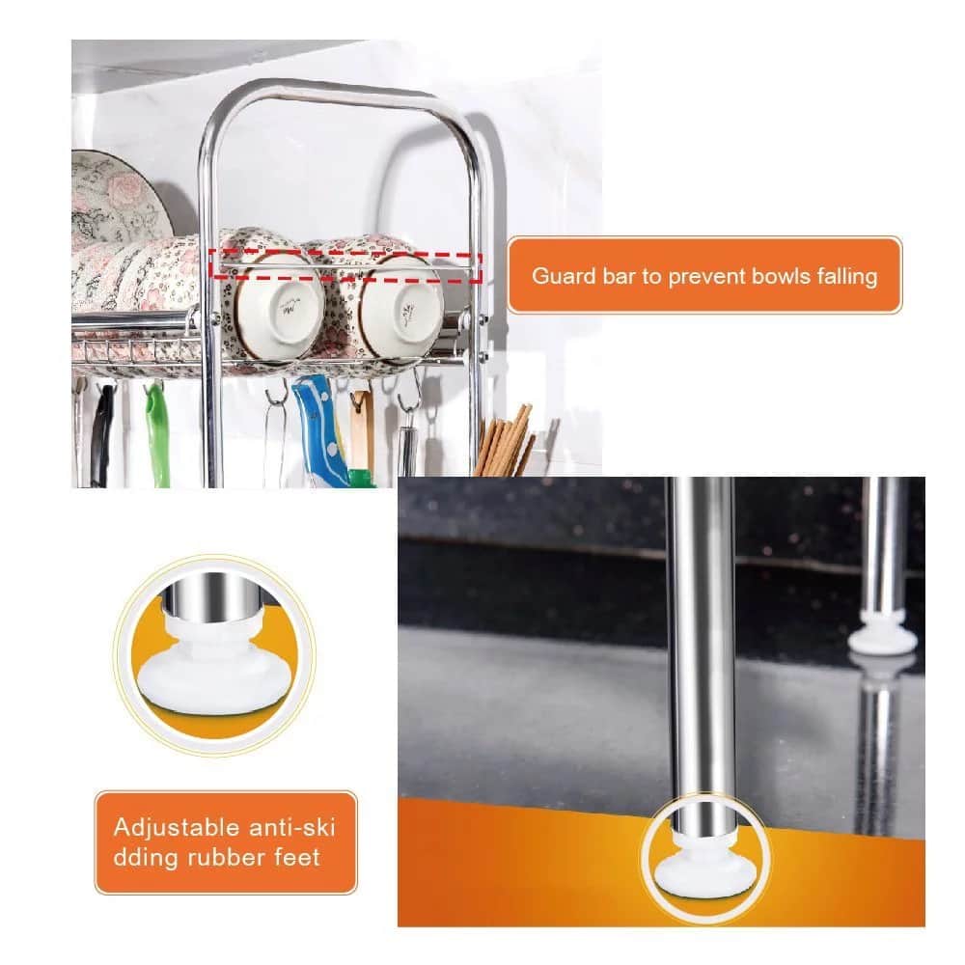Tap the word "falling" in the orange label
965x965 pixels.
[847, 276]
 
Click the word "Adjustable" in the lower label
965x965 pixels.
[174, 827]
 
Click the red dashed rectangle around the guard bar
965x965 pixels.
[345, 266]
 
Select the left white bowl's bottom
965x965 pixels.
[280, 308]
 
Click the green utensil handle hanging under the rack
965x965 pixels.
[157, 433]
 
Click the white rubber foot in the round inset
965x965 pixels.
[215, 667]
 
